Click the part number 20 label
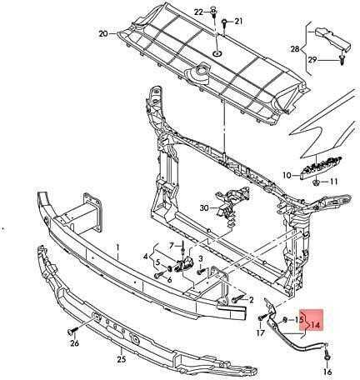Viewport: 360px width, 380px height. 103,33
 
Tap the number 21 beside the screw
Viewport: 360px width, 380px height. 238,21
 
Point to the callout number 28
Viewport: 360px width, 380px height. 295,49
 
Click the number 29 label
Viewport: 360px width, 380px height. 312,59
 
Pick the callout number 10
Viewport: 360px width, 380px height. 287,175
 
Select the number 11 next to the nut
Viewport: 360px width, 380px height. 333,182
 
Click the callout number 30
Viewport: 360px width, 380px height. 204,207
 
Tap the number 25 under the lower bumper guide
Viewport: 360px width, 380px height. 122,359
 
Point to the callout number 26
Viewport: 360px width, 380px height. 74,343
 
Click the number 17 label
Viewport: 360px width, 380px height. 261,332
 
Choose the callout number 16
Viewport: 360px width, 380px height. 327,372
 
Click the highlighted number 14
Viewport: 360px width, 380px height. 315,324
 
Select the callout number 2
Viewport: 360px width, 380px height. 252,300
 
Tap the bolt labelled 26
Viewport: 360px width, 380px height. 72,331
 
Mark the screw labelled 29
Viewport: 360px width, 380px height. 342,59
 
